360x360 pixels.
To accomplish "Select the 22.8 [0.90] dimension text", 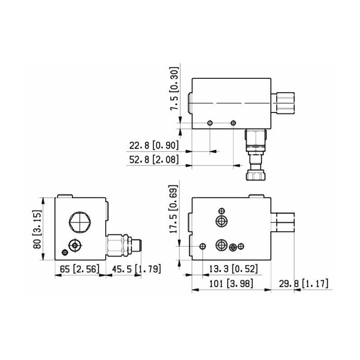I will tap(154, 145).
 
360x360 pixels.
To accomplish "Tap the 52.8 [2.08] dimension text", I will tap(154, 159).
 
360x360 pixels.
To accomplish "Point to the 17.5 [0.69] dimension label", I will tap(174, 210).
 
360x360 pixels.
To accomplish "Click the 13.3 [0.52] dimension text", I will tap(233, 269).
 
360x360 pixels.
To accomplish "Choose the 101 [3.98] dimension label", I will tap(231, 283).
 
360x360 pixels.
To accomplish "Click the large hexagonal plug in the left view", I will tap(80, 222).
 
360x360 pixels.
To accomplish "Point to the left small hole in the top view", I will tap(210, 123).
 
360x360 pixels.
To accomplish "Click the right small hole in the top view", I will tap(233, 123).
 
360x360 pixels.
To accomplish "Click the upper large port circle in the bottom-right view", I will tap(220, 221).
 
